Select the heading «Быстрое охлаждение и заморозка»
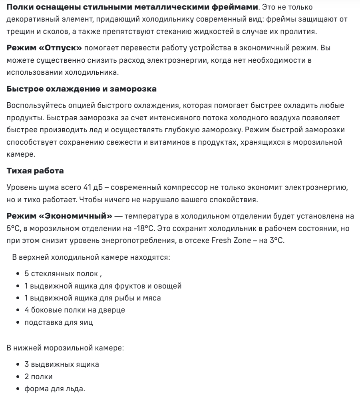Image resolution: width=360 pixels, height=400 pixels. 82,89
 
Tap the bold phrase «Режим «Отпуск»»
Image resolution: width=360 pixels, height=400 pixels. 44,48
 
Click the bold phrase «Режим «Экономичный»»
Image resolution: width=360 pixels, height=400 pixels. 60,216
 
